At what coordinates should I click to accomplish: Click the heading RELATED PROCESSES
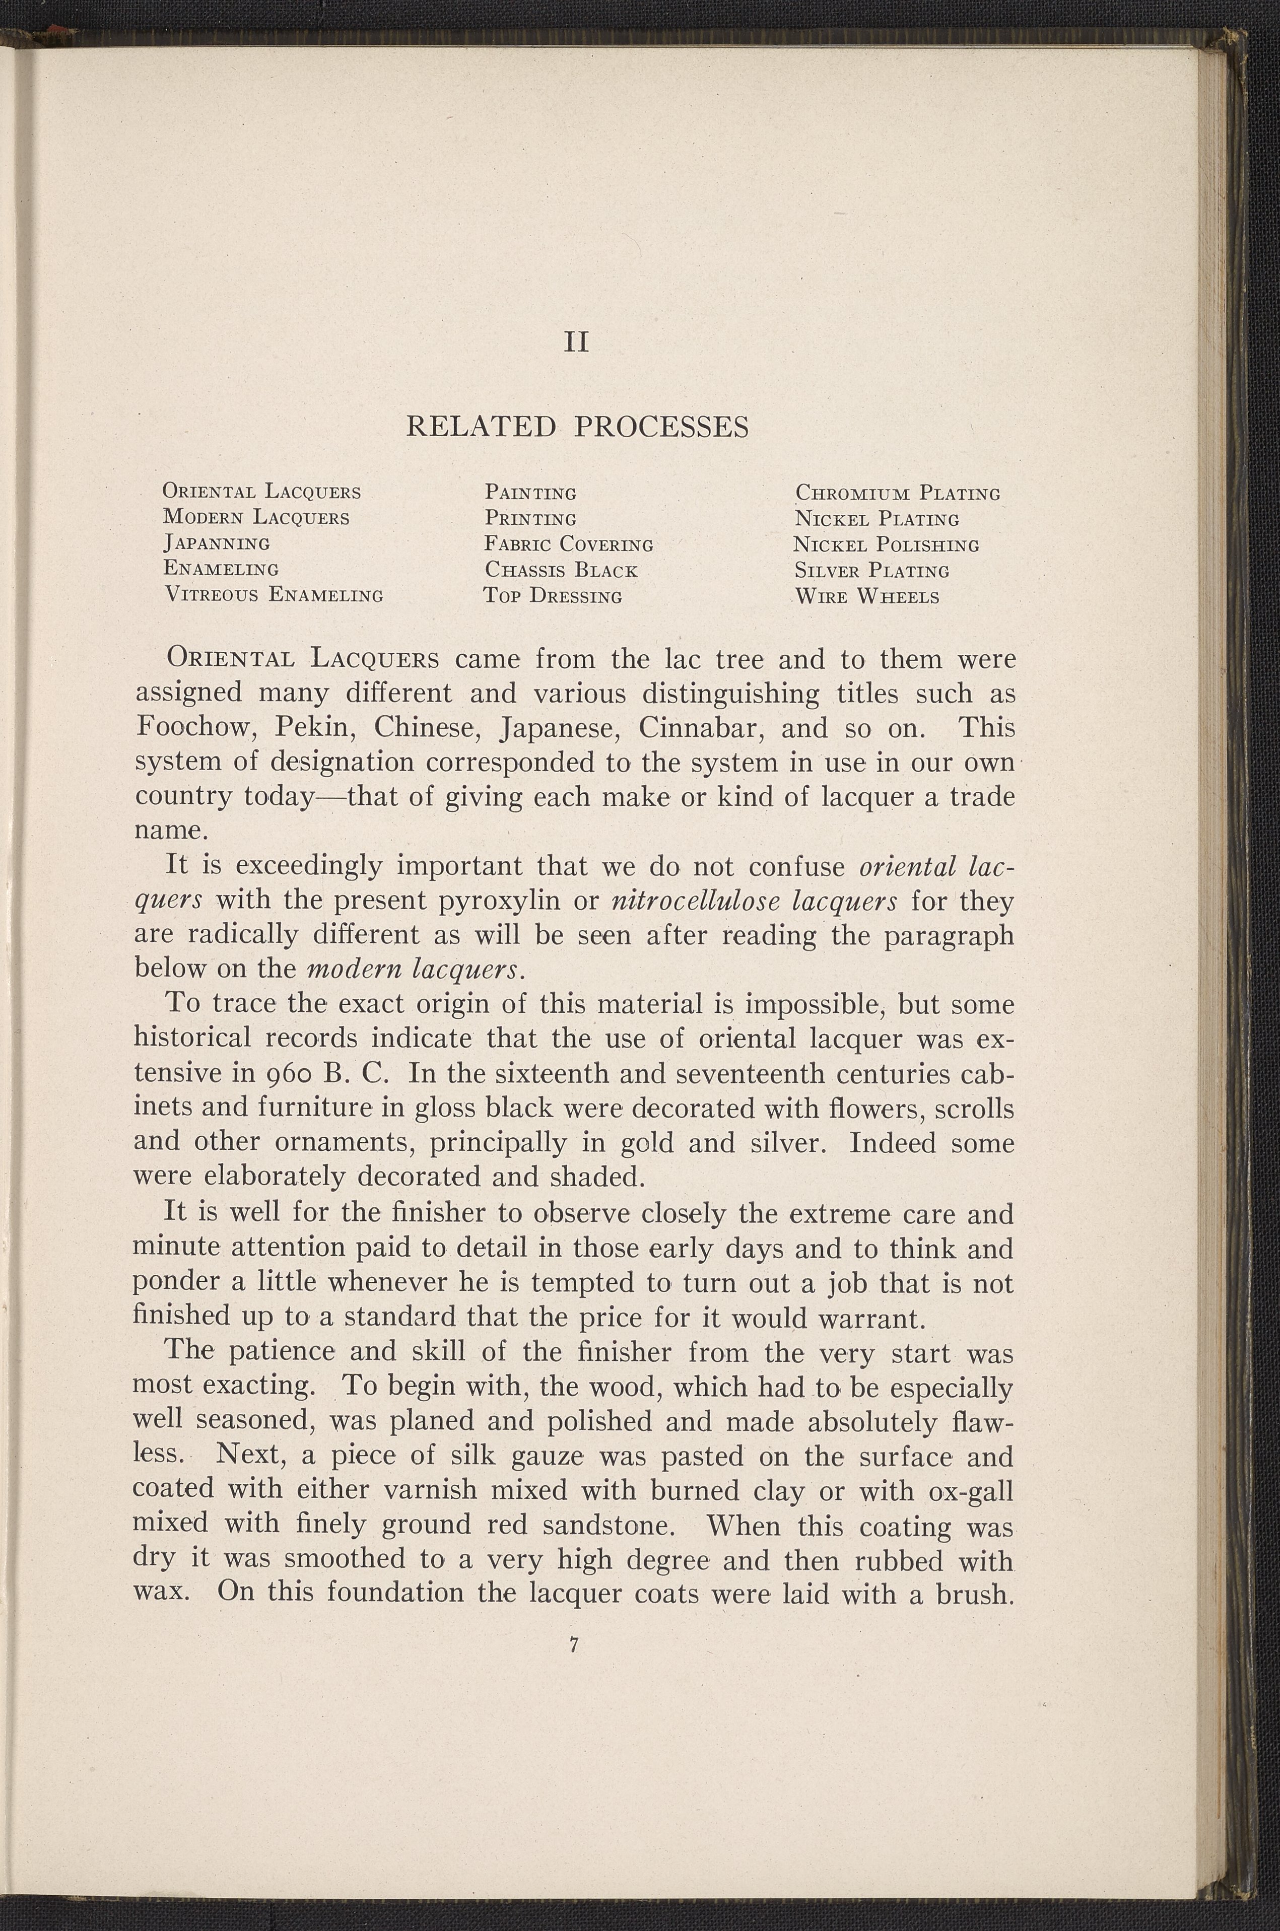[x=577, y=427]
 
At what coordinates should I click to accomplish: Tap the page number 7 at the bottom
[x=575, y=1645]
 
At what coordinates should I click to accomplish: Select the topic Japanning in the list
[x=216, y=543]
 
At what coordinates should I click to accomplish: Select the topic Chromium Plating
[x=897, y=493]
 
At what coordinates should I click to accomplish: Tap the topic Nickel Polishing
[x=886, y=544]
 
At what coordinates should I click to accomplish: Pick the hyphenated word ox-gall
[x=971, y=1491]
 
